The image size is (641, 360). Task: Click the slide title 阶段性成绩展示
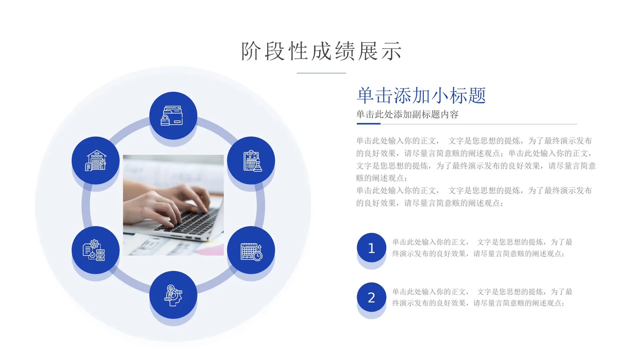(x=322, y=51)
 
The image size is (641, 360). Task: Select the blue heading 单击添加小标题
(x=421, y=96)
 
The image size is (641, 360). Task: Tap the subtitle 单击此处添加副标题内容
(x=407, y=115)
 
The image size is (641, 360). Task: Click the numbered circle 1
(x=371, y=248)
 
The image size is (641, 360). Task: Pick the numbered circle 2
(x=371, y=297)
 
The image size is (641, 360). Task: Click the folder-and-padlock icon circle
(x=173, y=116)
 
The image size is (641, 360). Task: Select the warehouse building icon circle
(x=96, y=161)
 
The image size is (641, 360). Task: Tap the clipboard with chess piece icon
(x=251, y=161)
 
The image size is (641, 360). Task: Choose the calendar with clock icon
(x=251, y=250)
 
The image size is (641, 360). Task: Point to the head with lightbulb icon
(x=173, y=295)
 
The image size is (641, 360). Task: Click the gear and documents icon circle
(x=96, y=250)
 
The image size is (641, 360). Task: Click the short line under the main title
(x=321, y=73)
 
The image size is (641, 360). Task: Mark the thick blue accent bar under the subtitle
(x=369, y=124)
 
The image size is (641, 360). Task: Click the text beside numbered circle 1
(x=482, y=248)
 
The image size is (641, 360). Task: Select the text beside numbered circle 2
(x=482, y=297)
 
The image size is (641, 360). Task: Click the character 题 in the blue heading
(x=477, y=96)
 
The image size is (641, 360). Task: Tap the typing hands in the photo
(x=167, y=200)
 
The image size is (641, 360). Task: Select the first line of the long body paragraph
(x=474, y=141)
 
